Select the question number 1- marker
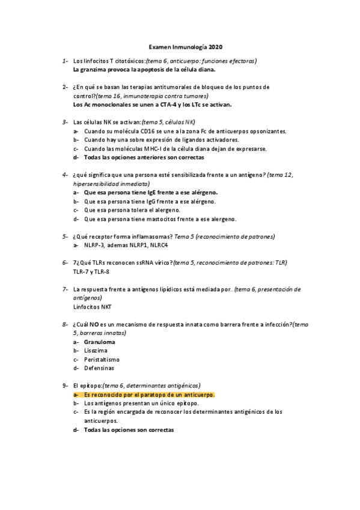(x=64, y=61)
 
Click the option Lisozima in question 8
(x=96, y=350)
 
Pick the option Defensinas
(x=99, y=367)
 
